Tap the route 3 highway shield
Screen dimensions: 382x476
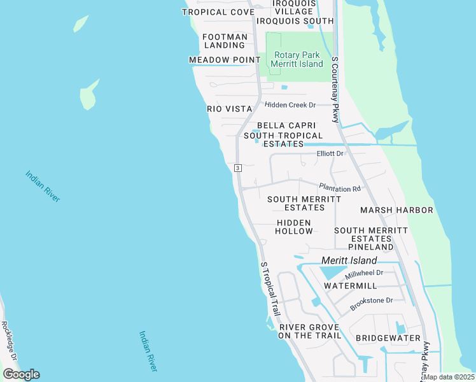tap(237, 168)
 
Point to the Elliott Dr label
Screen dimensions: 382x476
tap(330, 154)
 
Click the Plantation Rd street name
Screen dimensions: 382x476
tap(340, 188)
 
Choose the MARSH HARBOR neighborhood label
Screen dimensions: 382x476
tap(396, 210)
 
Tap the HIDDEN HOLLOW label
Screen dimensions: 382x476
tap(294, 227)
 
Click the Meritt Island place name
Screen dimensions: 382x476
tap(349, 260)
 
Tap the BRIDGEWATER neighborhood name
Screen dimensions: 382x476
tap(388, 337)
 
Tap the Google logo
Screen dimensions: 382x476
tap(21, 374)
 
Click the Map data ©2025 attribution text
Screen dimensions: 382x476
tap(448, 377)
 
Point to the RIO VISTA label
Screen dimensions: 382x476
tap(230, 109)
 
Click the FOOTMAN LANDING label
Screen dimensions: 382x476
tap(225, 41)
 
